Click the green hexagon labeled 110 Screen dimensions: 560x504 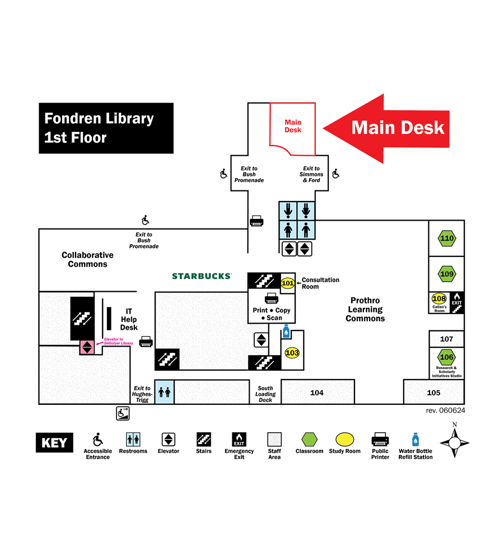(447, 239)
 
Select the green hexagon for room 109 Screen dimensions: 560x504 (447, 274)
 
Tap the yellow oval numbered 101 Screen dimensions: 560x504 (287, 283)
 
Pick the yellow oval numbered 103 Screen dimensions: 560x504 (292, 353)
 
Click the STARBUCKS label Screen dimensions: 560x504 (202, 276)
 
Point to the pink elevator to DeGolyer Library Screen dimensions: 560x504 (87, 347)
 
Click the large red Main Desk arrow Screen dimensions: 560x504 (386, 128)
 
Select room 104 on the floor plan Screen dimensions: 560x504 (317, 393)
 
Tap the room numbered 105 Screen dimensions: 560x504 (433, 393)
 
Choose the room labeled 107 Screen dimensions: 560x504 (446, 339)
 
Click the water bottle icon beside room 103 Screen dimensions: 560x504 (286, 332)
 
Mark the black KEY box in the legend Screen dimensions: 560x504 (54, 443)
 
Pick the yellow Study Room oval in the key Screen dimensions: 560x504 (344, 439)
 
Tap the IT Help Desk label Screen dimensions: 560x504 (129, 319)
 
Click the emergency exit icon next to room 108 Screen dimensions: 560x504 (457, 302)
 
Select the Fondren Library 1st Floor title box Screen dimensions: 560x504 (106, 128)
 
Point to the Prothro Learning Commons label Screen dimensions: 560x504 (365, 310)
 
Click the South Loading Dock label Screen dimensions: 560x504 (265, 394)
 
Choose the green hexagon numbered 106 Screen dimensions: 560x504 (446, 357)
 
